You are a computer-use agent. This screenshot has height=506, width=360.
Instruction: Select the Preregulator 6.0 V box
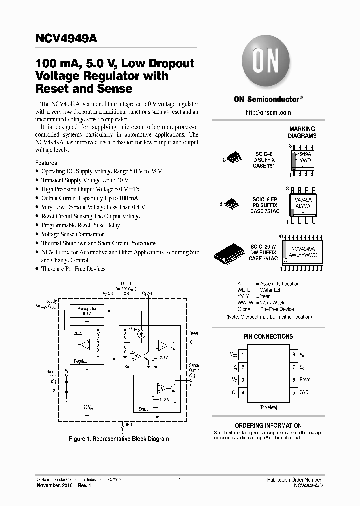87,311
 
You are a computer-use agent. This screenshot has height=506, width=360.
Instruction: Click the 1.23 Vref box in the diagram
87,408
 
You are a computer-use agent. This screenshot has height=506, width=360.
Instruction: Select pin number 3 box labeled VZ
243,380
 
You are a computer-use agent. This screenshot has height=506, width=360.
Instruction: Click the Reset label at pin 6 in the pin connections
305,380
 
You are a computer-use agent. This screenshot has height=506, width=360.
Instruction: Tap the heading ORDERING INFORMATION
268,425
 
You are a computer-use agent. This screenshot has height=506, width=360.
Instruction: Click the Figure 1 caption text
118,439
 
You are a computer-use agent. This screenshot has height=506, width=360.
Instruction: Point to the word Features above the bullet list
46,163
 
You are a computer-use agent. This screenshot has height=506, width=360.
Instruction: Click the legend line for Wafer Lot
265,290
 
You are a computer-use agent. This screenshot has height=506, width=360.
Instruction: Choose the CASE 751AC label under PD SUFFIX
264,212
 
